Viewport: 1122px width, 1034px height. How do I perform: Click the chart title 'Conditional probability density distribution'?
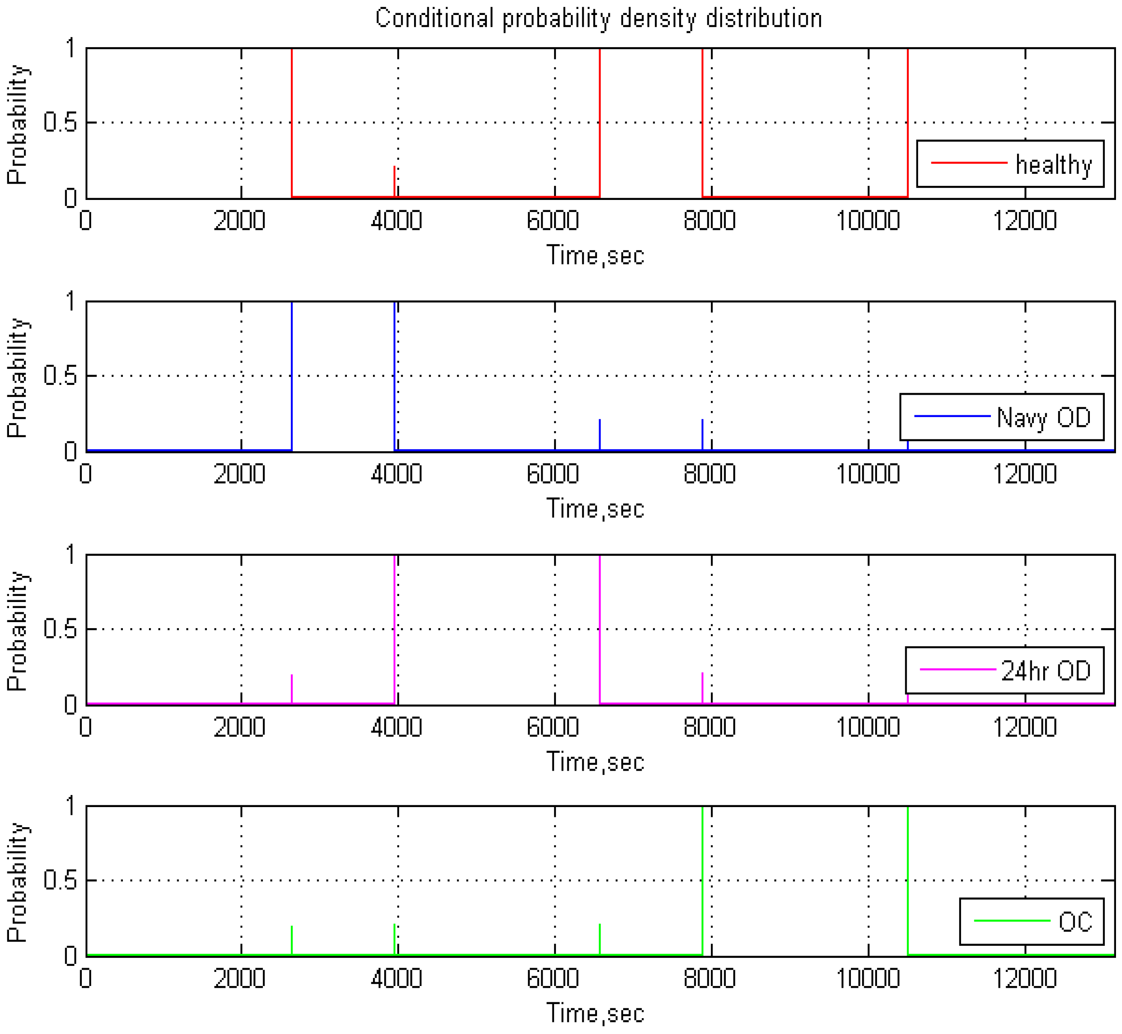click(598, 18)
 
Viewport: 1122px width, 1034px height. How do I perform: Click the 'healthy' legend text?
click(1053, 164)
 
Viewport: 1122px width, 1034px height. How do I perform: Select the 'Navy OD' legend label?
click(1043, 417)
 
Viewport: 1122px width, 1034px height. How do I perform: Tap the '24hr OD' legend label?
click(1045, 670)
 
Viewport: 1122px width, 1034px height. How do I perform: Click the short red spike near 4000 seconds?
click(394, 182)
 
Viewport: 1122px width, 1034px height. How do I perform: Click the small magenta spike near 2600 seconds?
click(292, 689)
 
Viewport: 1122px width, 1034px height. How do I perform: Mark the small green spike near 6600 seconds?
click(600, 940)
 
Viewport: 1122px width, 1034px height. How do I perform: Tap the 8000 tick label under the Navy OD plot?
click(709, 474)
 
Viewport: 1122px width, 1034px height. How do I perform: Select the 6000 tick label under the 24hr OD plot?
click(552, 727)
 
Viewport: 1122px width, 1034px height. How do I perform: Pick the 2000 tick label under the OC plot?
click(239, 979)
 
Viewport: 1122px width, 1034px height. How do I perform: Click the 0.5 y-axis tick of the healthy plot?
click(60, 122)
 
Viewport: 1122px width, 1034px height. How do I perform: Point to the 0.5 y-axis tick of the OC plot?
click(60, 880)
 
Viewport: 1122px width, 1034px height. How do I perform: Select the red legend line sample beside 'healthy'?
click(969, 163)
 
